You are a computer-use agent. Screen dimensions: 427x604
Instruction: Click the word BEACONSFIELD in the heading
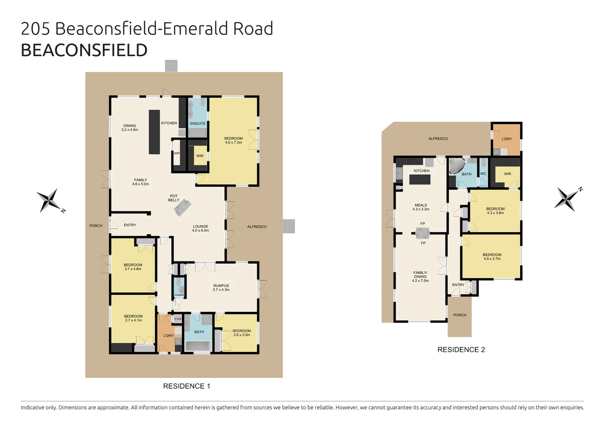84,51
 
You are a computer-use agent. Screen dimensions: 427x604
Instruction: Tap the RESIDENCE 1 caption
186,386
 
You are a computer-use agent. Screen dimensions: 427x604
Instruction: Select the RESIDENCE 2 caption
461,350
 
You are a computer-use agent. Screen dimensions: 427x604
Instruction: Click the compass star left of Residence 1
49,200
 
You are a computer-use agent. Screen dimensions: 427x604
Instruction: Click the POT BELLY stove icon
182,207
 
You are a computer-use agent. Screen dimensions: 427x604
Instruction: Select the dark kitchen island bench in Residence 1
154,132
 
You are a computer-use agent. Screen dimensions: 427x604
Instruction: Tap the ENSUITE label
197,123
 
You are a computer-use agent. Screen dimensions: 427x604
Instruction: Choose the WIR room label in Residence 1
200,156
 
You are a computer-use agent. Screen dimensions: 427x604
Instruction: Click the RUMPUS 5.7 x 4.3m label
221,287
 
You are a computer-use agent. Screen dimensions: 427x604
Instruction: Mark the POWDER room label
179,295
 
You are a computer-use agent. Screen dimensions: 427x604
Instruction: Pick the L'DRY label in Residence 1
169,336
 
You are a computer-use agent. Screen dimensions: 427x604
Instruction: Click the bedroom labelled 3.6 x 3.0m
241,333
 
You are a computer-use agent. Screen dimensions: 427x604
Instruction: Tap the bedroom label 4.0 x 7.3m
233,140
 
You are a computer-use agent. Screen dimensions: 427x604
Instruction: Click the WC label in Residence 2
483,174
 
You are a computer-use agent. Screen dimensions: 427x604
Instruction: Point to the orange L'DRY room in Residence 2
506,139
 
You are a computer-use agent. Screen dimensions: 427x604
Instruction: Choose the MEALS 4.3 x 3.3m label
421,207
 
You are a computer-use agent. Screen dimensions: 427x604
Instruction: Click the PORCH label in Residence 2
460,315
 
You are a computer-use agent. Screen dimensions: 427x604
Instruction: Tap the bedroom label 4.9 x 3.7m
492,257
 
